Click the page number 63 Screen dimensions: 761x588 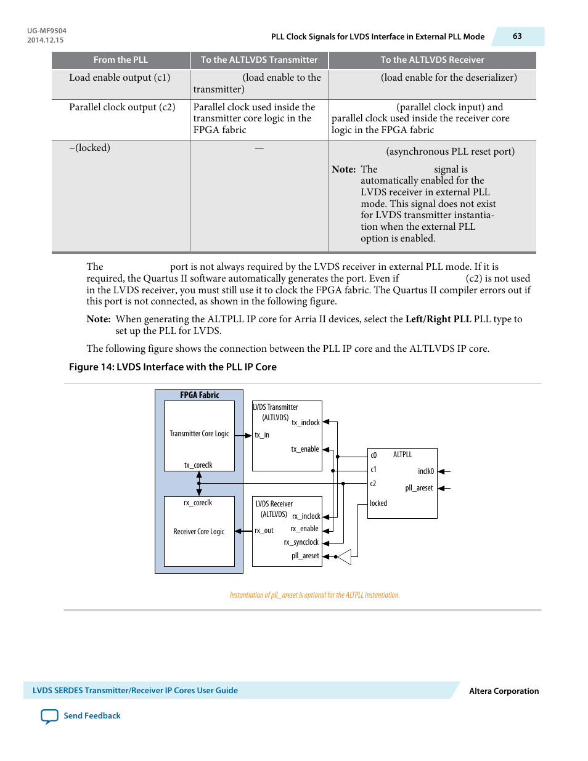tap(517, 36)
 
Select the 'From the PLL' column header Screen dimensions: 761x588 tap(121, 60)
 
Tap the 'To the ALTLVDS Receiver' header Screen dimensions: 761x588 tap(432, 60)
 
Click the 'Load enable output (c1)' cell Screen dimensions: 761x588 tap(120, 78)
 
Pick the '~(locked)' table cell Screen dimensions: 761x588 tap(90, 148)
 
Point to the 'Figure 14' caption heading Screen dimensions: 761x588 tap(173, 367)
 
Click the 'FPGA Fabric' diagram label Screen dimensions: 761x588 tap(199, 396)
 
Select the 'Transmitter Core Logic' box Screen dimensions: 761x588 tap(199, 434)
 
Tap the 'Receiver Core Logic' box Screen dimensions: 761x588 tap(199, 532)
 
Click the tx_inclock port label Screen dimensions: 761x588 tap(306, 423)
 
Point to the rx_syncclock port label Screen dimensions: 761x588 tap(301, 542)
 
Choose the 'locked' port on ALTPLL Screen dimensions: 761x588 tap(378, 503)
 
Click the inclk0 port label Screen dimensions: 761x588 tap(426, 471)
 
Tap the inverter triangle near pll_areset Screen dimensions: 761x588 tap(345, 556)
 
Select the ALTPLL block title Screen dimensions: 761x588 tap(402, 455)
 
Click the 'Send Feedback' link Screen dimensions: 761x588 tap(92, 716)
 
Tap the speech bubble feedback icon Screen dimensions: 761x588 tap(49, 716)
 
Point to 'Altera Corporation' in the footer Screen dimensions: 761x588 tap(504, 691)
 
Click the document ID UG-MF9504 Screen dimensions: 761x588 tap(47, 31)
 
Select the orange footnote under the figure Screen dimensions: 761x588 tap(314, 595)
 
